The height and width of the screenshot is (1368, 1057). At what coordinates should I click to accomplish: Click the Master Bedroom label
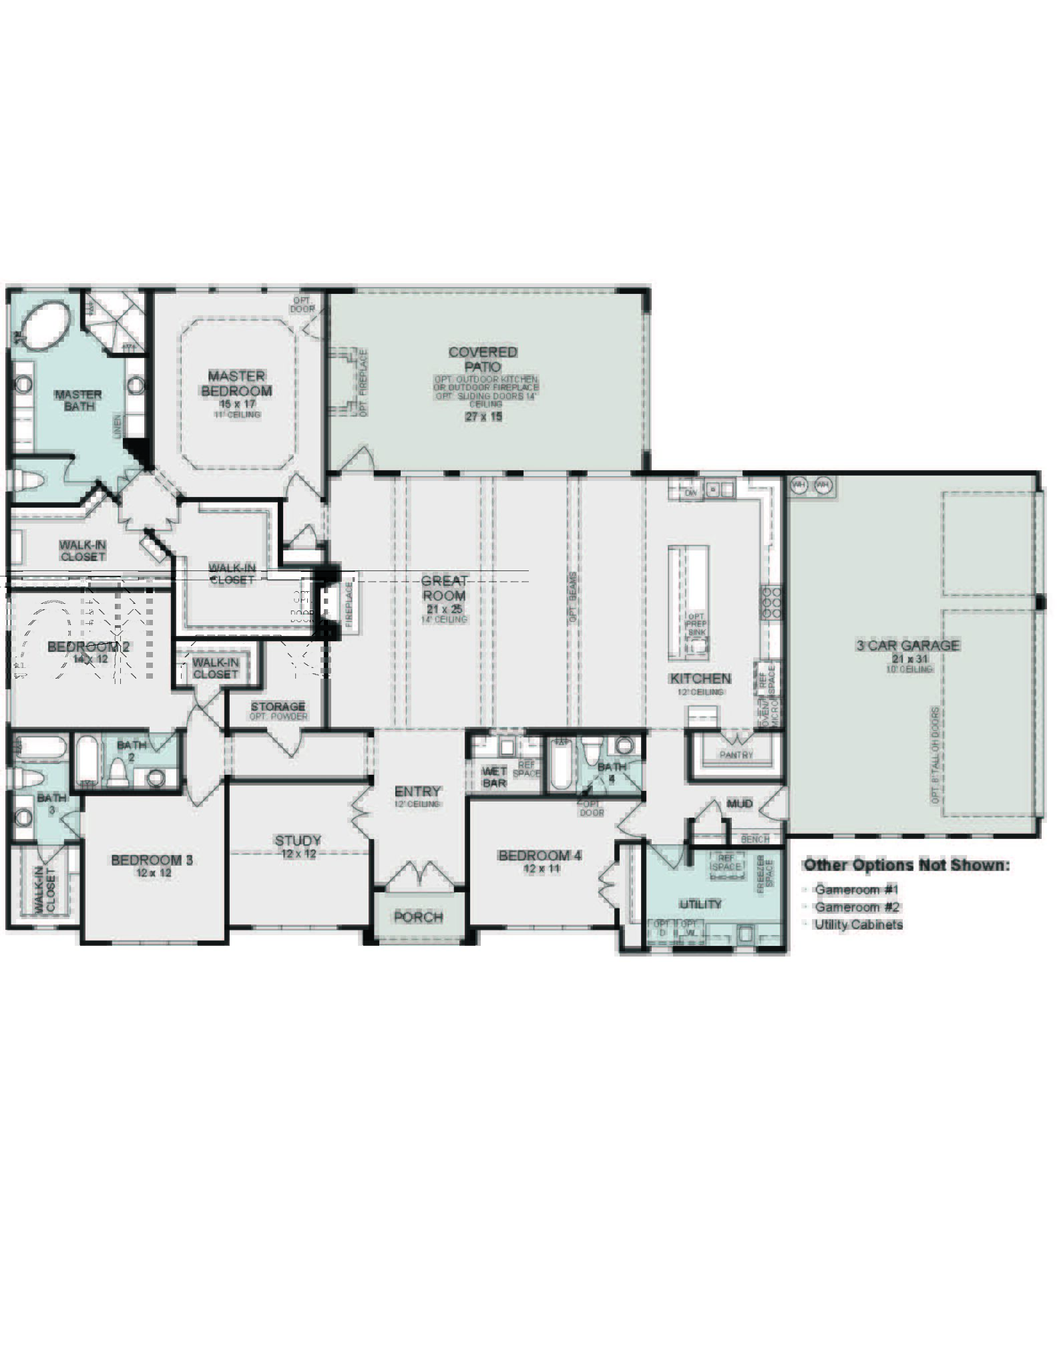tap(236, 383)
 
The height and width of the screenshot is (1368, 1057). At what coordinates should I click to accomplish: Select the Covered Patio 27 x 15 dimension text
tap(483, 417)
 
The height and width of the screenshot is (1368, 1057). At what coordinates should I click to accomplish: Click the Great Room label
tap(444, 588)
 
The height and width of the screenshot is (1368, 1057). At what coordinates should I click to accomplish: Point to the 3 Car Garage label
tap(907, 645)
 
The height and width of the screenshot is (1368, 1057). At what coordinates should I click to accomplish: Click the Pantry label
tap(736, 755)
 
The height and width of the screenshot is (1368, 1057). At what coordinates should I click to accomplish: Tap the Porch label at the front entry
tap(418, 917)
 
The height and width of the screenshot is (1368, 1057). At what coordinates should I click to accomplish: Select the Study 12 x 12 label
tap(298, 846)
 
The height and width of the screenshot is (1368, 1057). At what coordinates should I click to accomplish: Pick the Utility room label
tap(700, 904)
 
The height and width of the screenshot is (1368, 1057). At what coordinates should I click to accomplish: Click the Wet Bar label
tap(494, 777)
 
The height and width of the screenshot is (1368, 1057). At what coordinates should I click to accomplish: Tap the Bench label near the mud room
tap(755, 839)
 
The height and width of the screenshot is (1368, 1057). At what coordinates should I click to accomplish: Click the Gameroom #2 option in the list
tap(857, 907)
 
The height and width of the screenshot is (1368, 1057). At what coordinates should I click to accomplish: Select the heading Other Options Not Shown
tap(906, 865)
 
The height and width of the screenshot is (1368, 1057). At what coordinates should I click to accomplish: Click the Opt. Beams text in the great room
tap(573, 597)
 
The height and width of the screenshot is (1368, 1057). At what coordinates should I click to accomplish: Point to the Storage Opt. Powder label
tap(278, 711)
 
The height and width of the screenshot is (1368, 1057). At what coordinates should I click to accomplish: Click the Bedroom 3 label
tap(152, 860)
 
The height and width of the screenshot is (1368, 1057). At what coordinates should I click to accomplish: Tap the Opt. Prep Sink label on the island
tap(696, 624)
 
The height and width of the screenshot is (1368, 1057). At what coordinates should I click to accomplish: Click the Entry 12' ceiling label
tap(417, 796)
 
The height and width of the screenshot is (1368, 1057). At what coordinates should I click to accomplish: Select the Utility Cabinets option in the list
tap(858, 924)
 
